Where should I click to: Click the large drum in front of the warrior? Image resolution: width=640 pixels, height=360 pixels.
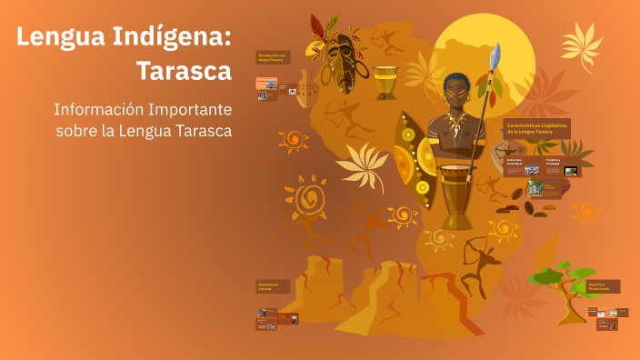(456, 195)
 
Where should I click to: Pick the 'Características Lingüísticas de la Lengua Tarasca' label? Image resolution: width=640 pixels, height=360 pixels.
(536, 129)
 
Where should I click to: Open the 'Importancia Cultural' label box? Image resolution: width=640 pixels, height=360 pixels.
(273, 286)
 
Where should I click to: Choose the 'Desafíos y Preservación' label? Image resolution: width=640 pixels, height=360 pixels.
(604, 286)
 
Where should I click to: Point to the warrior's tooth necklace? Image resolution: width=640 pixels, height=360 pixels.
(454, 123)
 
